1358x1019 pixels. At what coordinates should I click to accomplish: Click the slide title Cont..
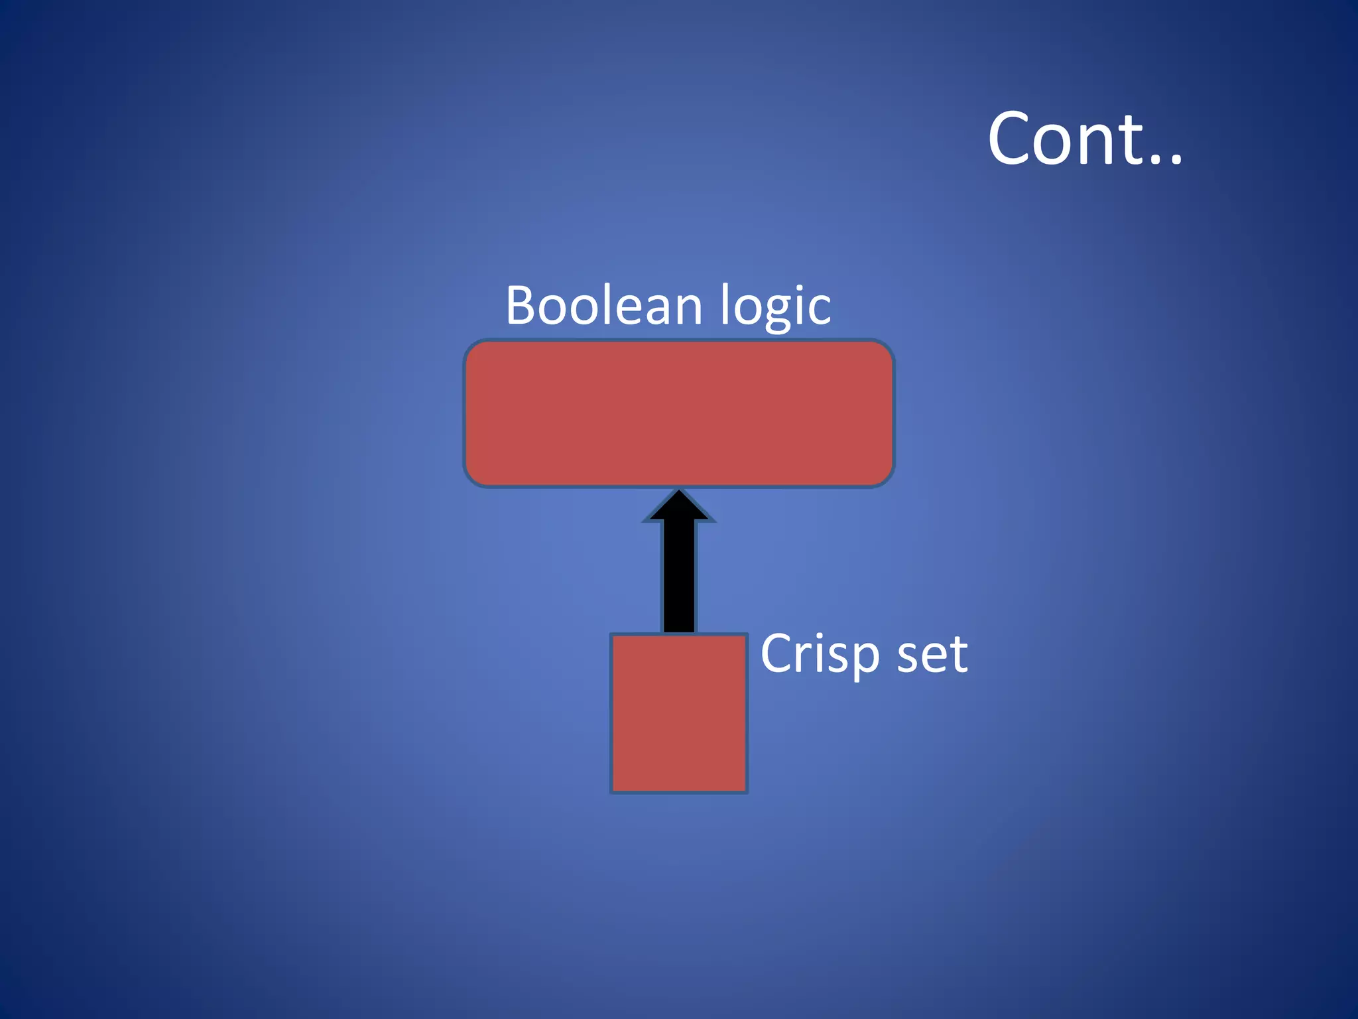pyautogui.click(x=1085, y=139)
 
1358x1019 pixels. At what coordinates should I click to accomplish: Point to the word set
pyautogui.click(x=932, y=654)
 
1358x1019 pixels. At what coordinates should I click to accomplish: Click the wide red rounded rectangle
pyautogui.click(x=679, y=413)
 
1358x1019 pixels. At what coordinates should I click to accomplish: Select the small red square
pyautogui.click(x=679, y=713)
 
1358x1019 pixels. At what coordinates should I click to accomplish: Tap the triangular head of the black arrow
pyautogui.click(x=679, y=507)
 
